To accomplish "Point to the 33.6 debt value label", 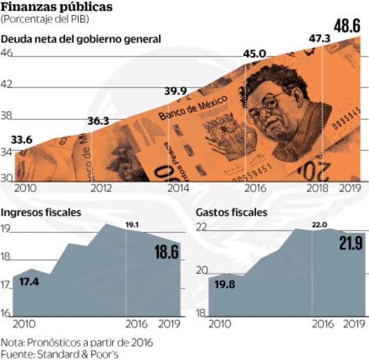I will click(x=21, y=139).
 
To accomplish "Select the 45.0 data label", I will click(x=254, y=55).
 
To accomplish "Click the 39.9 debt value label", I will click(x=175, y=91).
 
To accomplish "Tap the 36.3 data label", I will click(x=98, y=121).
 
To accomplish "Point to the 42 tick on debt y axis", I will click(x=7, y=84).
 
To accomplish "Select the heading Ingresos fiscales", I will click(x=42, y=213).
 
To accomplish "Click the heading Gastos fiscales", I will click(x=231, y=213).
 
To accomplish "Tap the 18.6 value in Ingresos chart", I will click(x=167, y=252).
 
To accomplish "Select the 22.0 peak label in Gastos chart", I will click(x=320, y=225).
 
